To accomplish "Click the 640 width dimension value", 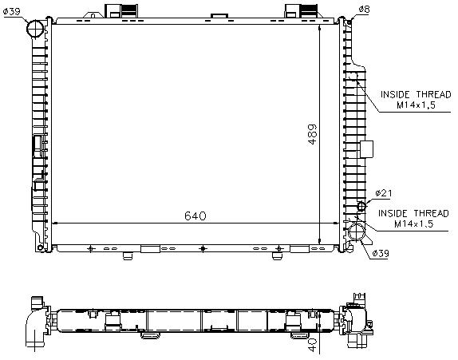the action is (195, 216).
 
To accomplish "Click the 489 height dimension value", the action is (312, 134).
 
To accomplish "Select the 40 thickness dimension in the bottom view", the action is (312, 345).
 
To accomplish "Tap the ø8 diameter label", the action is (364, 10).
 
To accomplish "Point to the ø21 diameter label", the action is (384, 193).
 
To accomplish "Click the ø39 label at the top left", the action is (12, 11).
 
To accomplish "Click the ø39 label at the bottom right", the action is (381, 253).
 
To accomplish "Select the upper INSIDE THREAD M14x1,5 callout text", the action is (416, 100).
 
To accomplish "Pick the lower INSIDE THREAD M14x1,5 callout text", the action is (413, 219).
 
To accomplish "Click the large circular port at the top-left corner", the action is (35, 29).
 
